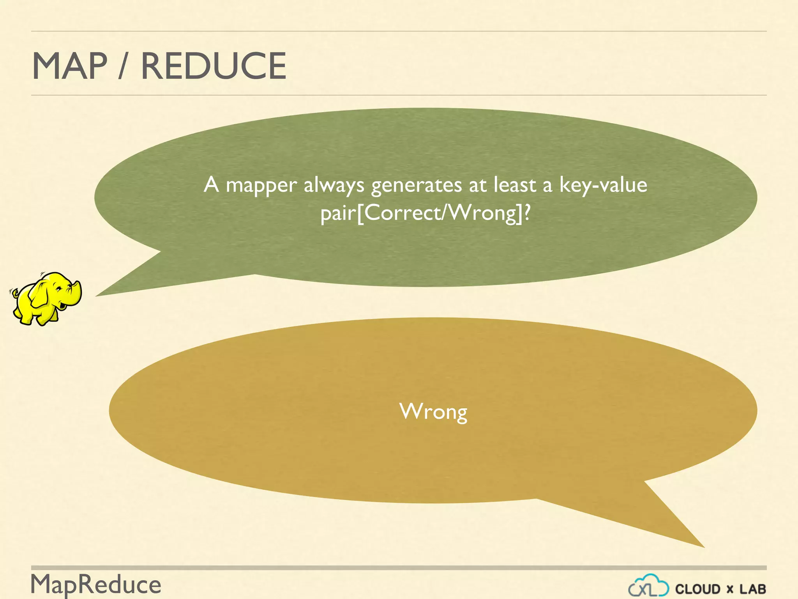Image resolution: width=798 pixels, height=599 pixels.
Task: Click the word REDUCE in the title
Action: point(214,66)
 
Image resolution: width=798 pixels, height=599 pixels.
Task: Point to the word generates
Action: point(416,186)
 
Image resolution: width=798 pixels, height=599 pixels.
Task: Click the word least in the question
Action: point(514,185)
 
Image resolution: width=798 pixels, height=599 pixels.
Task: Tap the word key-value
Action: point(603,185)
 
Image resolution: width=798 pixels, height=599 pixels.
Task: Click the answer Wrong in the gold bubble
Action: point(433,412)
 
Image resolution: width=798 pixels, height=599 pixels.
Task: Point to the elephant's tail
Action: point(14,292)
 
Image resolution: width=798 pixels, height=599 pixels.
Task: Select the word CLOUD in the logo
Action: point(697,589)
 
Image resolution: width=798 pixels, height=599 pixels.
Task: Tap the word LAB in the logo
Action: point(753,589)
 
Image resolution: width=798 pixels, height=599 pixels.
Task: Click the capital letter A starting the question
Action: point(211,185)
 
